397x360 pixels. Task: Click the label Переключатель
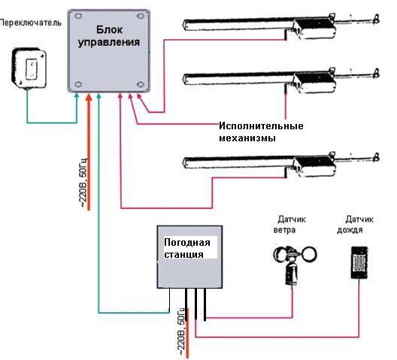click(x=30, y=23)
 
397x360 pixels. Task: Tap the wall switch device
click(x=29, y=68)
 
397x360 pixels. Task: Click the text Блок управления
click(x=109, y=36)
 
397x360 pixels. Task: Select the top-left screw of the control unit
click(x=78, y=16)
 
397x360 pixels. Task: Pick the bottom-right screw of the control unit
click(x=141, y=84)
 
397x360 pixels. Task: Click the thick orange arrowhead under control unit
click(x=89, y=98)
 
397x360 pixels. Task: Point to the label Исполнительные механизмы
click(x=261, y=132)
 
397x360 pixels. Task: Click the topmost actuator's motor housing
click(x=315, y=29)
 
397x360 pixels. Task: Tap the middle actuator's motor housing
click(x=315, y=83)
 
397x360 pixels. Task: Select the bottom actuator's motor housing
click(x=315, y=166)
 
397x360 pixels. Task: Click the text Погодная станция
click(x=187, y=248)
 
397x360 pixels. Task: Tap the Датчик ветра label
click(x=289, y=225)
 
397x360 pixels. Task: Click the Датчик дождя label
click(x=355, y=225)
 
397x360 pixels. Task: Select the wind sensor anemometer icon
click(x=295, y=265)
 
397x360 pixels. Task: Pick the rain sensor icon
click(x=359, y=263)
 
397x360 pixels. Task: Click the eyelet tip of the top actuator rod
click(x=377, y=20)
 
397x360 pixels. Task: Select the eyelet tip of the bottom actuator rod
click(x=377, y=157)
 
